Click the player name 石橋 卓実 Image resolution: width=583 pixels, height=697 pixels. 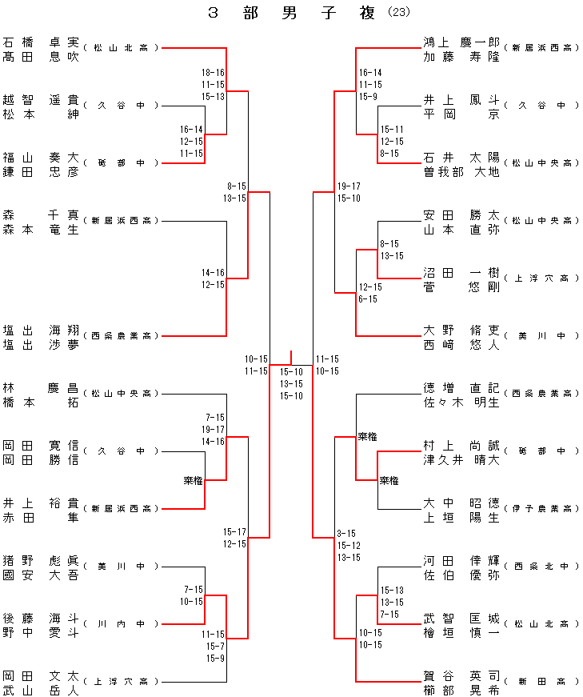[41, 42]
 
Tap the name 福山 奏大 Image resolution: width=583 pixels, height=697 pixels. [41, 157]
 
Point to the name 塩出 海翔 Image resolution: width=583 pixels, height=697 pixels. [41, 330]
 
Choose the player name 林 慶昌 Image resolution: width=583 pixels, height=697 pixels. [41, 387]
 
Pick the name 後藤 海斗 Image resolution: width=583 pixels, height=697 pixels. [41, 618]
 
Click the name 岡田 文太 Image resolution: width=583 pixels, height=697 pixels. [41, 675]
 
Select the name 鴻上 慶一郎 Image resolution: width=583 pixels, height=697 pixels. [461, 42]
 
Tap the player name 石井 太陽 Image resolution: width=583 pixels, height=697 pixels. [461, 157]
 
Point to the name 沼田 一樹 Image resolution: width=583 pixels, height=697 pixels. [461, 272]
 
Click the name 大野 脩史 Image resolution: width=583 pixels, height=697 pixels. [461, 330]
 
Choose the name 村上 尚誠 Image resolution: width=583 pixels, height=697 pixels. [461, 445]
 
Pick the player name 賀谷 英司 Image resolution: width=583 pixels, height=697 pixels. [461, 675]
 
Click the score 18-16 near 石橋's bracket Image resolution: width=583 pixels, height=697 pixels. [213, 73]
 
